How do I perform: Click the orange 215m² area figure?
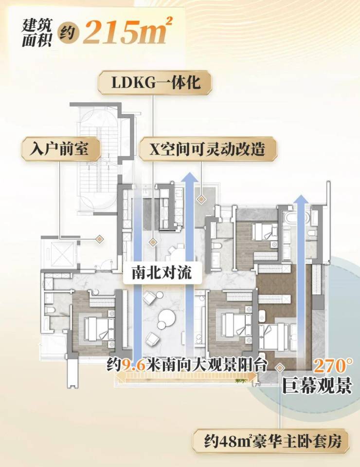127,33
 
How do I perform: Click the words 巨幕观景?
316,387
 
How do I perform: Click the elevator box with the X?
59,253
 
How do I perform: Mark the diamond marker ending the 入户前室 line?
99,239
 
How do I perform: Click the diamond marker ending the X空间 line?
200,199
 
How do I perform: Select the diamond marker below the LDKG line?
153,241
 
